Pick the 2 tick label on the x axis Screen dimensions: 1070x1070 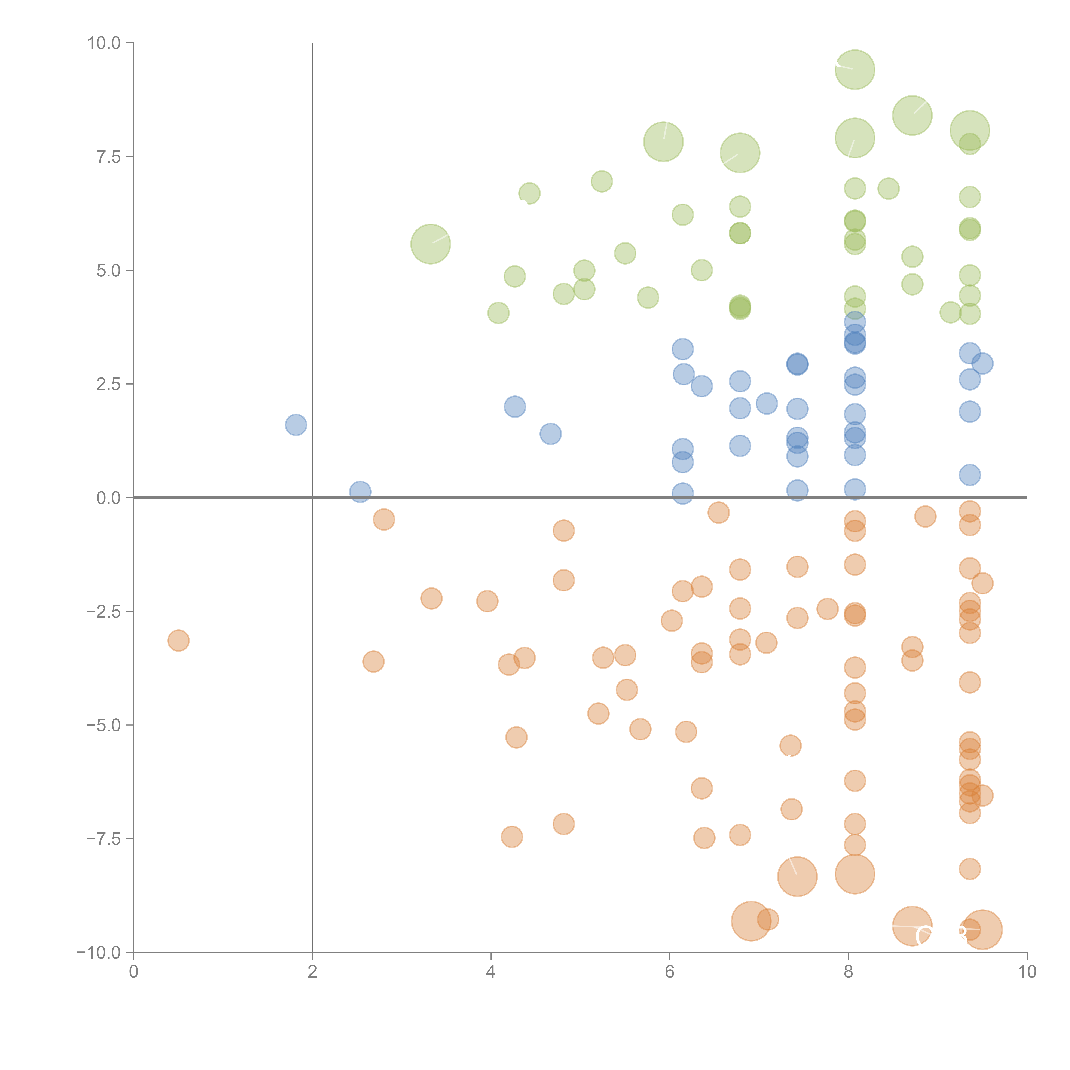point(312,972)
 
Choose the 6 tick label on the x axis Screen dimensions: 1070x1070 point(670,972)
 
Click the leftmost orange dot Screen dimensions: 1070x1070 point(178,641)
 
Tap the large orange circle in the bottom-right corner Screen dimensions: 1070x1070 point(982,929)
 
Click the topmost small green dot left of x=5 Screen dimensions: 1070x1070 point(529,193)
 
